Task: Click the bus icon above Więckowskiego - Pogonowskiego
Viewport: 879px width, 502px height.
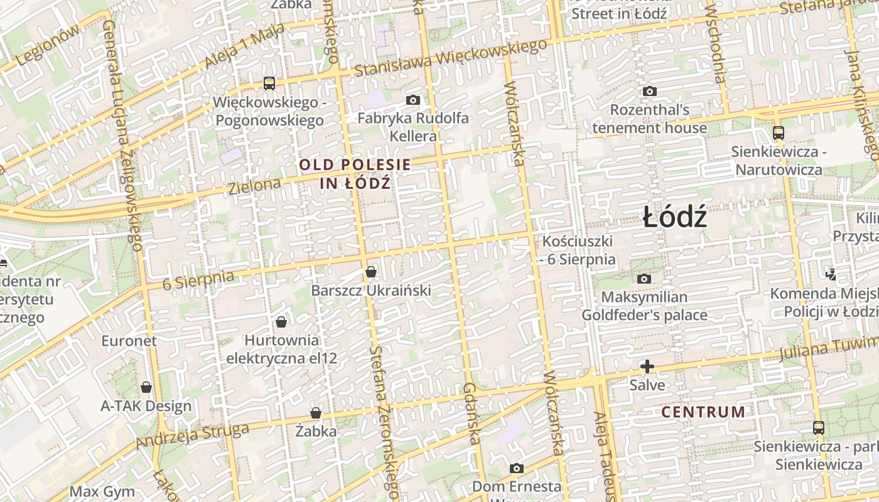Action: [x=269, y=83]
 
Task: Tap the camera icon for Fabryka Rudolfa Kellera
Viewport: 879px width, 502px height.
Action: [x=413, y=100]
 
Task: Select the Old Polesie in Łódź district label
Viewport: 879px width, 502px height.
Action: [x=355, y=174]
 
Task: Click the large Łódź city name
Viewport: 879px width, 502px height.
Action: [x=675, y=218]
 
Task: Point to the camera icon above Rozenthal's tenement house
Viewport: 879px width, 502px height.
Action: [x=650, y=92]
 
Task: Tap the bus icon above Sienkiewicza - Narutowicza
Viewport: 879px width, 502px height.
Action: [x=779, y=133]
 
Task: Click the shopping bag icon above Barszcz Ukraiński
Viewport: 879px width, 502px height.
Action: [x=371, y=272]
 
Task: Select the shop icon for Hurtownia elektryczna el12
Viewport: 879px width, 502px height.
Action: [x=281, y=322]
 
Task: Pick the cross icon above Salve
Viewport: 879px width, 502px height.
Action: [x=647, y=366]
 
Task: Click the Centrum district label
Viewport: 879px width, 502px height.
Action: [x=703, y=412]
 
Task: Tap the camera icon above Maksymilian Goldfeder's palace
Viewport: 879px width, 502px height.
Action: [x=644, y=279]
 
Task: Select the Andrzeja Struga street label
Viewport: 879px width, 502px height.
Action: [x=192, y=437]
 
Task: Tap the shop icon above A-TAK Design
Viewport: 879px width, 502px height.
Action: [x=146, y=387]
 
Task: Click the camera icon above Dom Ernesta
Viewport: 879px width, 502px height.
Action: [x=517, y=468]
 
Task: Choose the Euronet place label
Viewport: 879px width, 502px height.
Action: [x=129, y=341]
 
